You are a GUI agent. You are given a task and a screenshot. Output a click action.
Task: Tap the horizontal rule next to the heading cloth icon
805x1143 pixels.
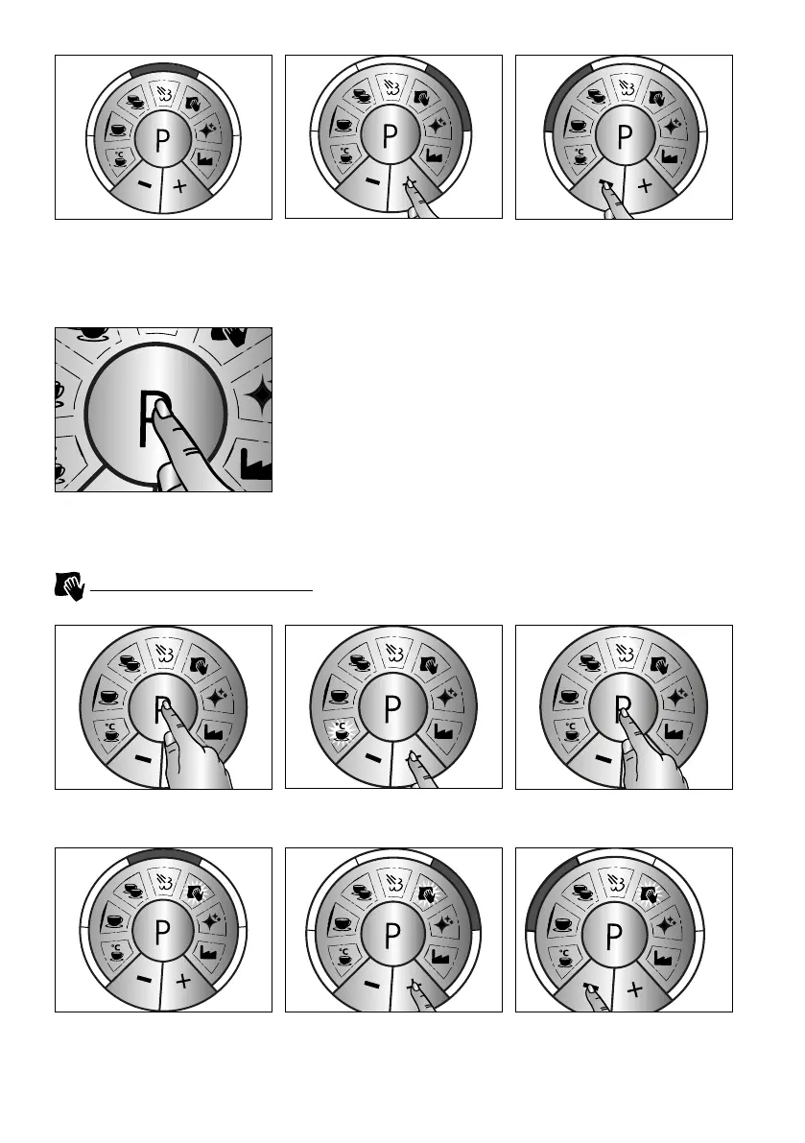point(201,591)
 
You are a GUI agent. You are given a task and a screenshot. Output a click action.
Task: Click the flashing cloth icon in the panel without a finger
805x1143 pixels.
point(196,895)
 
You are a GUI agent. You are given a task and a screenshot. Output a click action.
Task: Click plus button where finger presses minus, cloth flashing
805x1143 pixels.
point(641,986)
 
